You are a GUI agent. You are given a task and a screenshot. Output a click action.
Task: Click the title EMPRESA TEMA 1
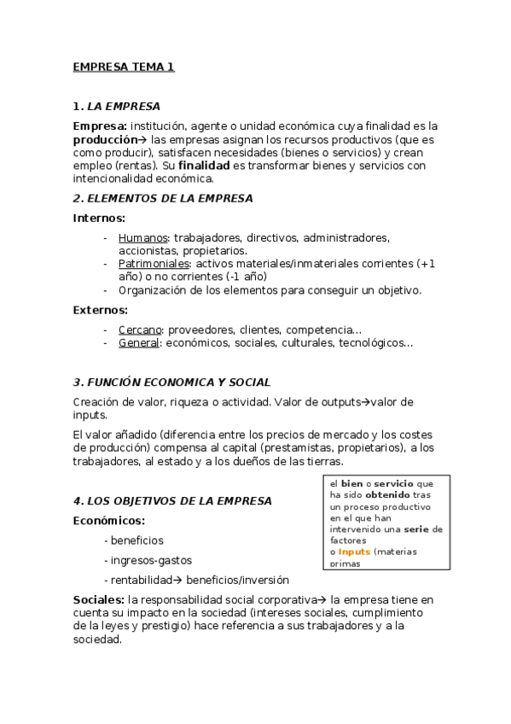(x=124, y=67)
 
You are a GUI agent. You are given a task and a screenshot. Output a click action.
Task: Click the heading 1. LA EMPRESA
(x=117, y=107)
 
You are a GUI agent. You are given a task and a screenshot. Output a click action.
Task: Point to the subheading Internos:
(x=99, y=218)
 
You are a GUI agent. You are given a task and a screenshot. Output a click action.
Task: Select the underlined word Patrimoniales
(x=154, y=264)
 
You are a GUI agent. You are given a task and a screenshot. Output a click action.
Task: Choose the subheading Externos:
(x=101, y=310)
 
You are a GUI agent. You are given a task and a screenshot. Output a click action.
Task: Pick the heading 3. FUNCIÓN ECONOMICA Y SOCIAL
(x=171, y=382)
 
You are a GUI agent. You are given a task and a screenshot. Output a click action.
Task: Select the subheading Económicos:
(x=108, y=520)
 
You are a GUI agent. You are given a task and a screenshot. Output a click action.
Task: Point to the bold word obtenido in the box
(x=387, y=494)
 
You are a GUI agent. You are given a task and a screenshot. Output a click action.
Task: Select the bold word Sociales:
(x=99, y=600)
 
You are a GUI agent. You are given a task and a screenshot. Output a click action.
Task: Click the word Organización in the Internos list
(x=154, y=290)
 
